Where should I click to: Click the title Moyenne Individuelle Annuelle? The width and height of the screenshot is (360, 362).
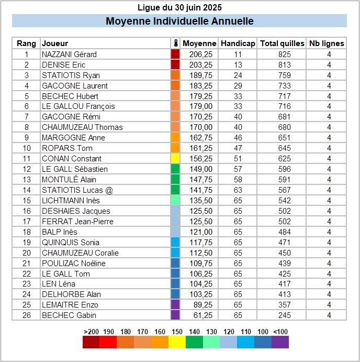[179, 21]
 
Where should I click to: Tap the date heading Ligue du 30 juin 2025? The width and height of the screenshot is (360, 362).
[179, 7]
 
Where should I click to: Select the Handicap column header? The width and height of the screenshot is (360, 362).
[238, 43]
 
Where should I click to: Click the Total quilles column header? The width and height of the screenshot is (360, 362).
[282, 43]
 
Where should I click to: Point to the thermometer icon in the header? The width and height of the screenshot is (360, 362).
[175, 43]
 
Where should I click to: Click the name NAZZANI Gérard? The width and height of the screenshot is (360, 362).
[69, 54]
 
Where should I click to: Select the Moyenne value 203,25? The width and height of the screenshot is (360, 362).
[201, 64]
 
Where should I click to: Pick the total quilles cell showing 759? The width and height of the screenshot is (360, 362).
[282, 75]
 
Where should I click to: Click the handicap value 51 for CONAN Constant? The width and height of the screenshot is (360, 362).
[238, 159]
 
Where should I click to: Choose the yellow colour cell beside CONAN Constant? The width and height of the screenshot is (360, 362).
[175, 159]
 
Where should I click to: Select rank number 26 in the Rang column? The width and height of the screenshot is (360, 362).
[27, 315]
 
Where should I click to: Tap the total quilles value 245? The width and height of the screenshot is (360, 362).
[282, 315]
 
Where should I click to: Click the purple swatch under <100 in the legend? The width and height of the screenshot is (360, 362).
[280, 343]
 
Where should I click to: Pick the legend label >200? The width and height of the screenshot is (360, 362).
[92, 332]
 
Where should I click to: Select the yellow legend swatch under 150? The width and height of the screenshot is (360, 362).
[177, 343]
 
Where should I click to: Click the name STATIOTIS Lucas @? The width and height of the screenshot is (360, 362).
[77, 190]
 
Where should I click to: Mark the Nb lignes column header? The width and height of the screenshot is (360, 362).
[327, 43]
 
